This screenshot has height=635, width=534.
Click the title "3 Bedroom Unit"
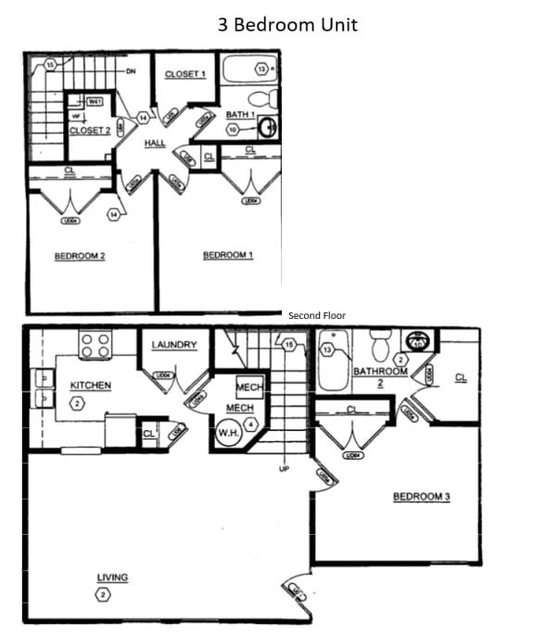[x=287, y=25]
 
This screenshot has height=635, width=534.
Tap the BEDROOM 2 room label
[x=79, y=256]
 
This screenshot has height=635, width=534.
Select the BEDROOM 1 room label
[x=227, y=255]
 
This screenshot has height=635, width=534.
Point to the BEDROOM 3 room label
[x=421, y=497]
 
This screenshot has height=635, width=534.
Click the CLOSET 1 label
[x=184, y=74]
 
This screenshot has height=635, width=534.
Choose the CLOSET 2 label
[x=90, y=131]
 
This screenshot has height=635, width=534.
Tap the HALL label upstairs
[x=154, y=143]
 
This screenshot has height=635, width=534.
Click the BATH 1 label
[x=240, y=115]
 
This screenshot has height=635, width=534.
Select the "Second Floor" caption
[x=316, y=316]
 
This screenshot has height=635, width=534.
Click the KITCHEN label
[x=90, y=385]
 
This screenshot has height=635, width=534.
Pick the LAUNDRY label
[x=174, y=346]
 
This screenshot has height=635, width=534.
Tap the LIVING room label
[x=112, y=578]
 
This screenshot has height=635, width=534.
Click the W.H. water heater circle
[x=228, y=433]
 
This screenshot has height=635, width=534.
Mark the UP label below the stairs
[x=284, y=469]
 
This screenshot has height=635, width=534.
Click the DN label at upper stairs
[x=132, y=69]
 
